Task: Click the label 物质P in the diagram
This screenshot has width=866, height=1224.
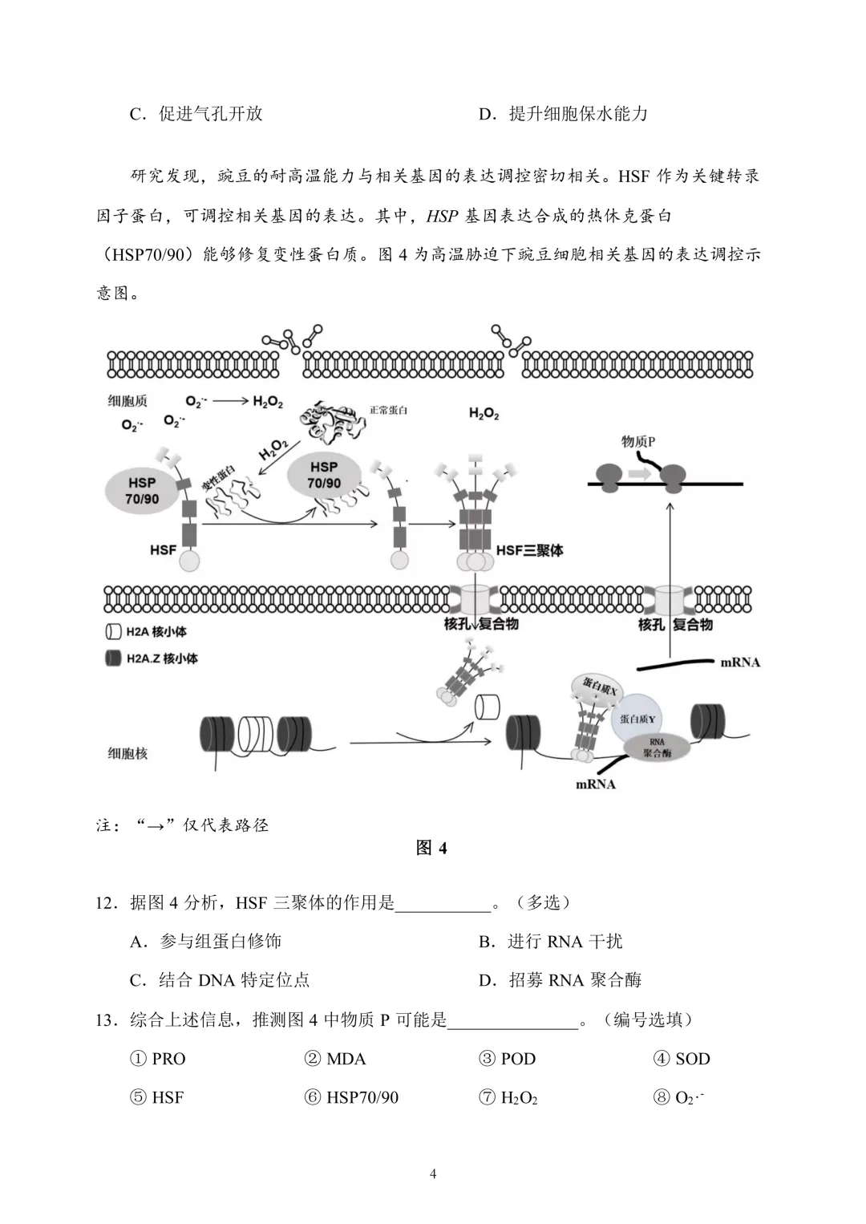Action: coord(638,441)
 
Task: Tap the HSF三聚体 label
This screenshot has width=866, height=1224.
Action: coord(529,550)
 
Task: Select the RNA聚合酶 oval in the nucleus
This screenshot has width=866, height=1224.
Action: coord(657,748)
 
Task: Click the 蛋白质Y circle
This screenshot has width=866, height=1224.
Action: coord(637,719)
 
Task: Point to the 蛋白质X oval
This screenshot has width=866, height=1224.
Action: coord(599,688)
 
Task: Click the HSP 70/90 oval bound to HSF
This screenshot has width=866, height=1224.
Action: coord(142,491)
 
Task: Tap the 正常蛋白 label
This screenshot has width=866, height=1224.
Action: coord(388,410)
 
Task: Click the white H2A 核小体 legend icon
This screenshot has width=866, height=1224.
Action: coord(113,631)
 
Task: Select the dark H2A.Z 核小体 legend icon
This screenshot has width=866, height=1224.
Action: coord(113,659)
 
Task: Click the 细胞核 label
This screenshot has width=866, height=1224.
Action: coord(127,753)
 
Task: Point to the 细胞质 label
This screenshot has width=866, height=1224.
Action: coord(127,401)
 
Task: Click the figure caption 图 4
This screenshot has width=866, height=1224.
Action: coord(431,848)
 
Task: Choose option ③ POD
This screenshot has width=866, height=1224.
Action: coord(508,1059)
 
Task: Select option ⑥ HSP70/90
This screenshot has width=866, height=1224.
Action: coord(351,1097)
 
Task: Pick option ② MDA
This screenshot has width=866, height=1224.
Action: coord(335,1059)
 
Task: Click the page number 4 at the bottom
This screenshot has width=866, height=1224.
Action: coord(433,1174)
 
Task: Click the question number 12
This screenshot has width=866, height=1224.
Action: coord(106,903)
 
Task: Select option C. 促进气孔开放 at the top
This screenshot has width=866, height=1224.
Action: coord(196,114)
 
